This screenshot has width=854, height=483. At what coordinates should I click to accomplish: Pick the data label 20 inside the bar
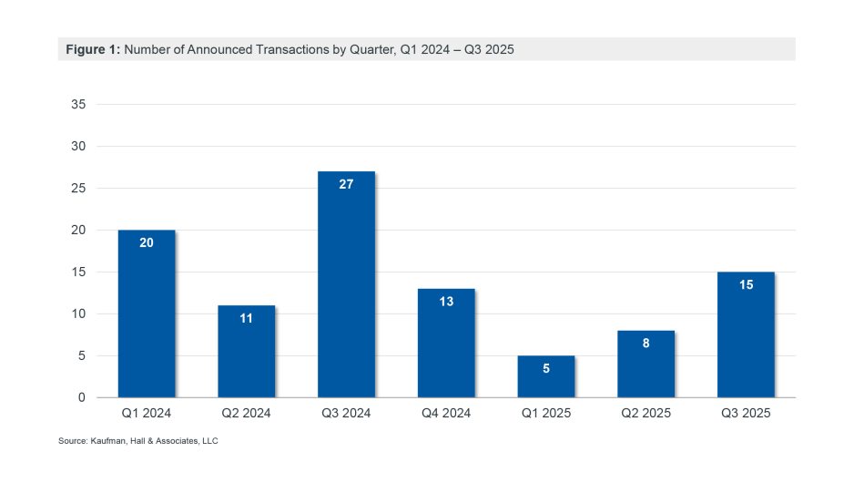(147, 242)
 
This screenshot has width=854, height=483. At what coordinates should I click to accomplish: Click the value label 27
(346, 184)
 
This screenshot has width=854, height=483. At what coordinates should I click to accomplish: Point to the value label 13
(446, 302)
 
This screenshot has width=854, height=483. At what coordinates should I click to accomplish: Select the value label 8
(646, 344)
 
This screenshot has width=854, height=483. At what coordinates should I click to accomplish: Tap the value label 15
(746, 284)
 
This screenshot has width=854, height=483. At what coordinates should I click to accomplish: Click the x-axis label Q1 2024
(147, 414)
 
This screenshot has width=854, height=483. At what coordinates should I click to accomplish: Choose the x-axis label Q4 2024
(446, 414)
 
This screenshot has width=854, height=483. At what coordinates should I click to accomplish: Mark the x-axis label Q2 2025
(646, 414)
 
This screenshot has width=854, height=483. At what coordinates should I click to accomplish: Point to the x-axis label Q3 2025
(746, 414)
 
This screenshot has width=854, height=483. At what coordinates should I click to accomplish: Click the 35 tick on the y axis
(78, 105)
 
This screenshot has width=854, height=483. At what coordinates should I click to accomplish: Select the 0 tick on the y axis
(82, 398)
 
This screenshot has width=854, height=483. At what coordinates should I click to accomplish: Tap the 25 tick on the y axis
(78, 189)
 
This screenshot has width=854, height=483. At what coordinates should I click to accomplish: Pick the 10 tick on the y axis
(78, 314)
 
